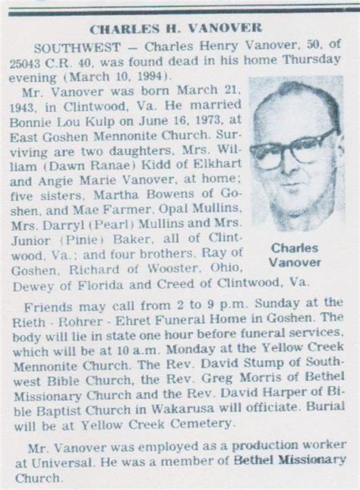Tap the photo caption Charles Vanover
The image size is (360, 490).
click(294, 254)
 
